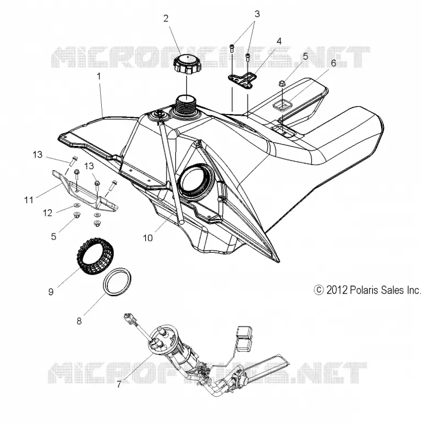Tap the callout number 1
[98, 76]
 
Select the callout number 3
[257, 14]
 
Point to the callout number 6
[333, 63]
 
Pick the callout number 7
[119, 384]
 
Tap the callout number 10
[148, 238]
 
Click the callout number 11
[29, 200]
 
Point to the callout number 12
[48, 213]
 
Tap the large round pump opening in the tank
[197, 180]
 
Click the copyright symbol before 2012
[318, 290]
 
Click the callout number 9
[51, 292]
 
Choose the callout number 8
[79, 320]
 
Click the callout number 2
[166, 18]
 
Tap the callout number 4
[279, 41]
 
